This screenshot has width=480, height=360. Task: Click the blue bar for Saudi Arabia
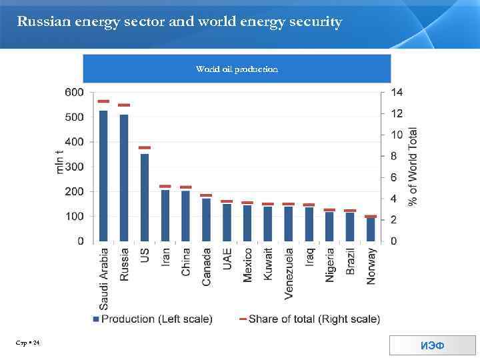click(x=103, y=175)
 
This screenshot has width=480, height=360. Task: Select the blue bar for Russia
click(x=124, y=177)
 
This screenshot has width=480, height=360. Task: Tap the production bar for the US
click(x=145, y=197)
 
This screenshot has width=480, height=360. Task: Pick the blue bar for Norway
click(x=371, y=229)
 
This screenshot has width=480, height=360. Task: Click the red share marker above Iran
click(x=165, y=187)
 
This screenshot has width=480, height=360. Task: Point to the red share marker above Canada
click(x=206, y=195)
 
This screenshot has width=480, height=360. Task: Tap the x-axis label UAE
click(x=227, y=259)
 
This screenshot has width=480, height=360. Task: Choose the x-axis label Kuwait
click(x=268, y=265)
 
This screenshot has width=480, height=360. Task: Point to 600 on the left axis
click(x=74, y=92)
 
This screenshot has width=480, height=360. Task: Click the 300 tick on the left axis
click(x=74, y=167)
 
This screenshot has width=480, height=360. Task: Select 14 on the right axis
click(x=396, y=92)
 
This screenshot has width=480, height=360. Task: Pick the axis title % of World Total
click(x=413, y=166)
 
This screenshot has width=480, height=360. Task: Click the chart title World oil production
click(x=237, y=69)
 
